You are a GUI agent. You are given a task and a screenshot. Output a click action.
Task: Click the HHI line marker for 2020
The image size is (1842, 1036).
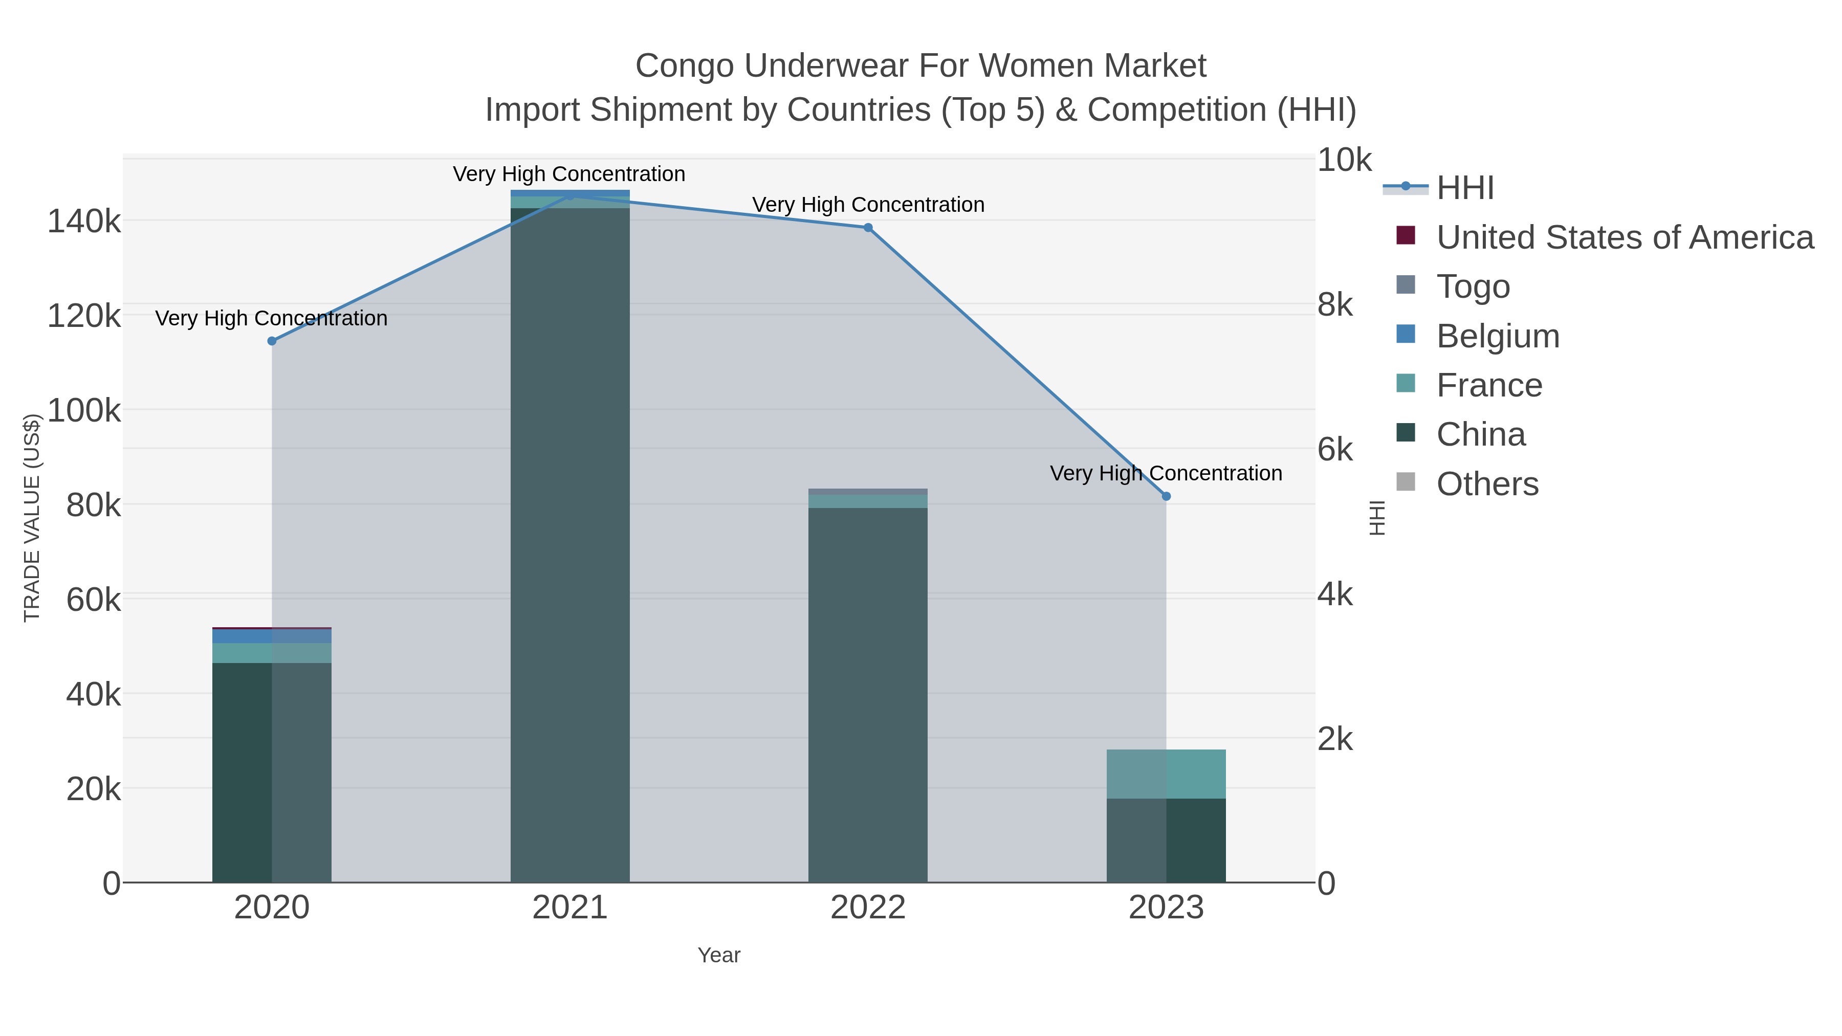(272, 341)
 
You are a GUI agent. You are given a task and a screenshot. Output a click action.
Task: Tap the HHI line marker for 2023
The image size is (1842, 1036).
(1166, 496)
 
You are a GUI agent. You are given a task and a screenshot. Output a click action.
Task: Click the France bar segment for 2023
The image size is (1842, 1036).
(1166, 775)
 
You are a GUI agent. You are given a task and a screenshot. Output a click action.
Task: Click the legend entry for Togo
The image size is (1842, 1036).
(1473, 286)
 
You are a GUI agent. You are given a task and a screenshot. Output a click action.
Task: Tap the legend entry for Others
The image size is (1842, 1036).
(1487, 484)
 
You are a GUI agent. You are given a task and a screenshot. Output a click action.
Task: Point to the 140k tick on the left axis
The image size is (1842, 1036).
(84, 221)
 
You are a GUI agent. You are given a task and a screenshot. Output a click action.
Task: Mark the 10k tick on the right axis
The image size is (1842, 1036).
(1344, 160)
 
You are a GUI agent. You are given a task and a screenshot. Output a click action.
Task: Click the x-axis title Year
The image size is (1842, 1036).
(719, 955)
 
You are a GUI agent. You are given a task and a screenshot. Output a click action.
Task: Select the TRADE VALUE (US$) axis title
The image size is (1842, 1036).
(31, 518)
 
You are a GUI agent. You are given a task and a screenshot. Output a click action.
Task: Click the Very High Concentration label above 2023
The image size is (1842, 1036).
(1166, 473)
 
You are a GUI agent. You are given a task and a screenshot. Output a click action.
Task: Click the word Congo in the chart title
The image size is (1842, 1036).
(684, 67)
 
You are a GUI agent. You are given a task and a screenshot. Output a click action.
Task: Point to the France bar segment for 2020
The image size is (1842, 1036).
(272, 653)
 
